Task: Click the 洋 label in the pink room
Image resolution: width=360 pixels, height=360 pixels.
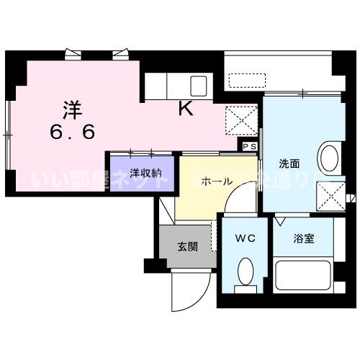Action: [x=71, y=109]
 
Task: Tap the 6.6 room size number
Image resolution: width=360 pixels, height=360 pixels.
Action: [x=71, y=132]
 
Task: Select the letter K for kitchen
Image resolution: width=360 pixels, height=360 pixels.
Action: [x=185, y=109]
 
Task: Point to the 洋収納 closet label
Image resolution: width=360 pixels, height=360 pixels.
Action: [x=141, y=173]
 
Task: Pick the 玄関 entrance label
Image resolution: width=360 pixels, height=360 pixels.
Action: [x=188, y=246]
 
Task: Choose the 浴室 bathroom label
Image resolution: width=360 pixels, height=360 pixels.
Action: [x=302, y=238]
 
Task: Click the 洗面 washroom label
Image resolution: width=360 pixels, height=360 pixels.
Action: [x=289, y=162]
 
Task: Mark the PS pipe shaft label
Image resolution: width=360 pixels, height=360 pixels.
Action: [x=249, y=146]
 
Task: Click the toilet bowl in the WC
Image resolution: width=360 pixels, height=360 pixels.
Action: [x=246, y=272]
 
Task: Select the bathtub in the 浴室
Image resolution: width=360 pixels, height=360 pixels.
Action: [x=302, y=276]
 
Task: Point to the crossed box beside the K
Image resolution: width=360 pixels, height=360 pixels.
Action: [x=242, y=119]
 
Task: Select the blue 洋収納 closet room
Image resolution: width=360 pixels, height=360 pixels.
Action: [x=141, y=180]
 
